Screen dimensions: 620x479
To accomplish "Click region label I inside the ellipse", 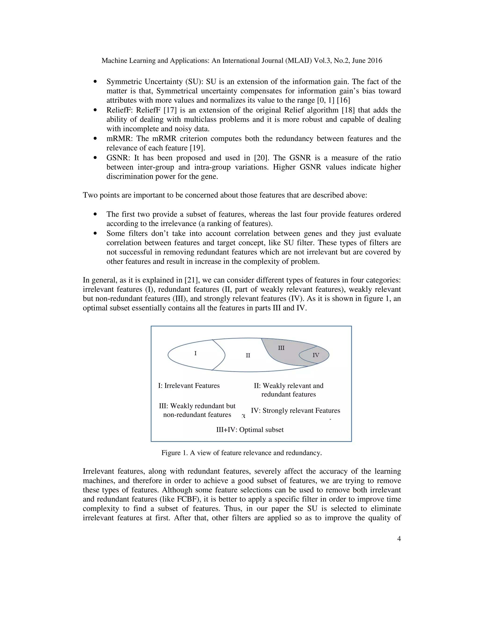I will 195,354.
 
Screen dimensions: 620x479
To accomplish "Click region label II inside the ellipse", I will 248,355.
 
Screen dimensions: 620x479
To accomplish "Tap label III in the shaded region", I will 281,348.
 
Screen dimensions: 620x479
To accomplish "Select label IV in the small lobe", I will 316,355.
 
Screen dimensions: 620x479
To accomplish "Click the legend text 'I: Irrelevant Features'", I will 189,386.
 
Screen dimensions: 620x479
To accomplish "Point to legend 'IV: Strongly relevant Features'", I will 295,411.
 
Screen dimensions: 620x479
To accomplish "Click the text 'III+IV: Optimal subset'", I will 250,430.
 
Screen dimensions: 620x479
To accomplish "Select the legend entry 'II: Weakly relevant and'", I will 288,386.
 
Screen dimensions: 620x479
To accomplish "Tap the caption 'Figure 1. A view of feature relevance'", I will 241,453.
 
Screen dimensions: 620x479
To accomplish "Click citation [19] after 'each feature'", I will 197,148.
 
